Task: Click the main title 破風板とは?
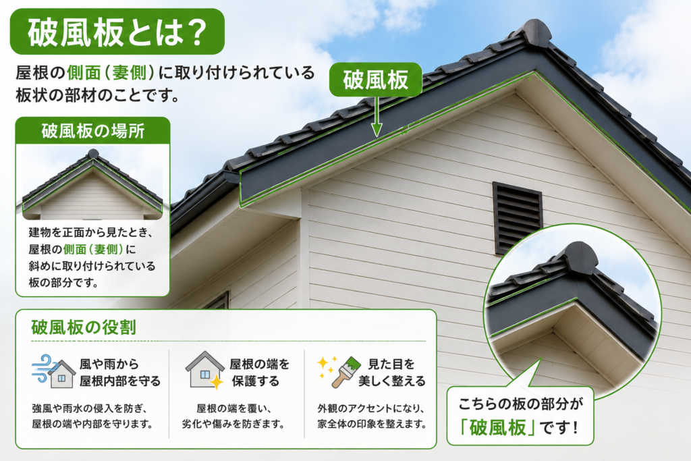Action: pos(117,32)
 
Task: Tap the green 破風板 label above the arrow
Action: pos(375,80)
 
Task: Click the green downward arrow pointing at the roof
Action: pos(377,116)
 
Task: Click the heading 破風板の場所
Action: pos(93,131)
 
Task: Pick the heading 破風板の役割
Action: pos(84,327)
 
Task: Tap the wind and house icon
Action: pos(53,371)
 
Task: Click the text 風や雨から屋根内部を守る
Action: pos(120,373)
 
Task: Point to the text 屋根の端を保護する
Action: pos(259,373)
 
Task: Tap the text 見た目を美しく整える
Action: pos(392,373)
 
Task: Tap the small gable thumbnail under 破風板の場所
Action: pos(92,184)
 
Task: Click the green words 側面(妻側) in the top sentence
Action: pos(111,73)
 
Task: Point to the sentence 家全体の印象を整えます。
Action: pos(372,424)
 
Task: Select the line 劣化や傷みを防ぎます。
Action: pos(233,424)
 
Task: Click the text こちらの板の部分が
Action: pos(520,404)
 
